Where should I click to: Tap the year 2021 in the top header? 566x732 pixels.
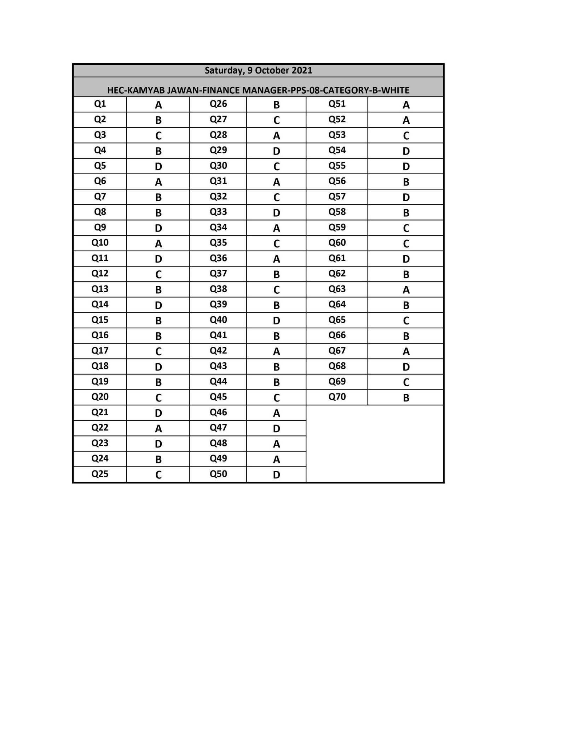301,70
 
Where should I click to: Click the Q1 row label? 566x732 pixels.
100,104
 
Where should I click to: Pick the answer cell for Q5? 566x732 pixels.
158,166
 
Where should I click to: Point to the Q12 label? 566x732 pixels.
100,274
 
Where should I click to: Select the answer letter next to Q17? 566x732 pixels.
158,352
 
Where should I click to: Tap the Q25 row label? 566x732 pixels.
100,474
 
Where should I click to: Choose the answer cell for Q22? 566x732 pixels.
158,429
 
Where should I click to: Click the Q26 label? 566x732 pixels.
218,104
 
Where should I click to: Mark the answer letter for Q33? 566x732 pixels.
276,213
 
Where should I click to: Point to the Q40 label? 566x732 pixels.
218,320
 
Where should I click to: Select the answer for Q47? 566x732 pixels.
276,429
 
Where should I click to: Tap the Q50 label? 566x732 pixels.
218,474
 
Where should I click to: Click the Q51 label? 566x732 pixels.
337,104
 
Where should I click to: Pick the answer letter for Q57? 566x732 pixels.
406,197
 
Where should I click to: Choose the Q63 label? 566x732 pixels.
337,289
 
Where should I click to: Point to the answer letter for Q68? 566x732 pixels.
406,367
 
